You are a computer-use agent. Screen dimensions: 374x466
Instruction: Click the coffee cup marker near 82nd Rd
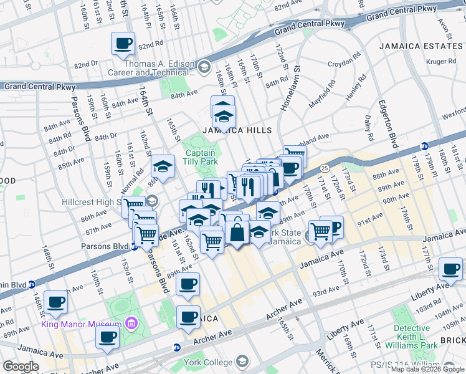click(123, 44)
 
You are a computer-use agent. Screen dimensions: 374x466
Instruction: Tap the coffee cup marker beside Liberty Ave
click(450, 269)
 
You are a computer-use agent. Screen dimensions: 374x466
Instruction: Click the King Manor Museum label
click(81, 324)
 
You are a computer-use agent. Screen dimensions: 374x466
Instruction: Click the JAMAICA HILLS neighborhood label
click(236, 130)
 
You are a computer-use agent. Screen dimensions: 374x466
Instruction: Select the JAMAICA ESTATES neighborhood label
click(421, 46)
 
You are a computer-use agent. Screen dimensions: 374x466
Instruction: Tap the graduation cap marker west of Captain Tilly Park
click(163, 166)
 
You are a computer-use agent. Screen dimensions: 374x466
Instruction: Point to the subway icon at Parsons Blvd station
click(133, 246)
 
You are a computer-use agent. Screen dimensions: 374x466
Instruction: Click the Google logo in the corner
click(21, 367)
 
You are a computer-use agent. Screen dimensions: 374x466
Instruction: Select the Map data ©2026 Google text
click(427, 369)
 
